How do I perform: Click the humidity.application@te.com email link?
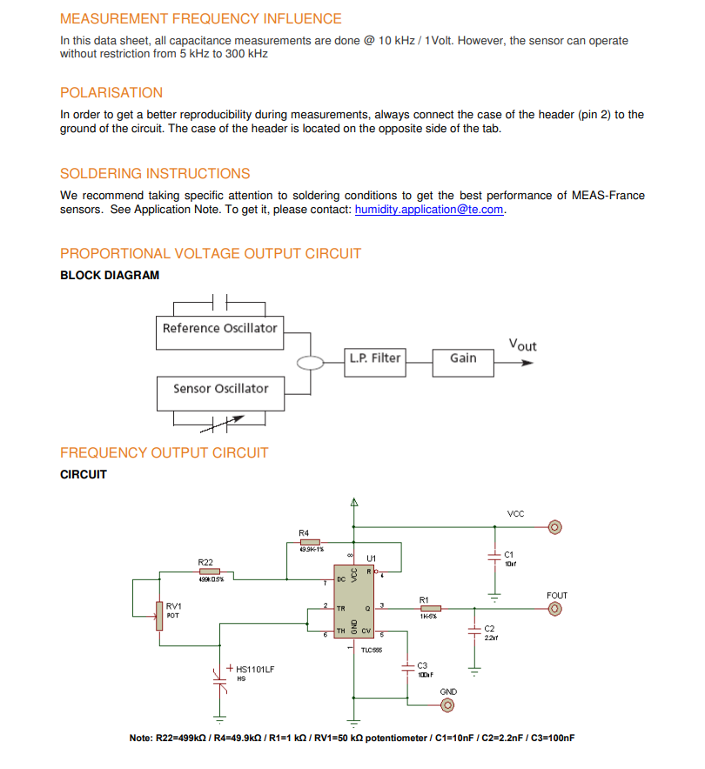(429, 210)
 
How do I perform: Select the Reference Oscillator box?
(219, 329)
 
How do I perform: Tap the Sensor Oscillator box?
(220, 389)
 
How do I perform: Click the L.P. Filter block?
(375, 358)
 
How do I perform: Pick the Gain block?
(463, 358)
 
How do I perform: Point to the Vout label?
(522, 345)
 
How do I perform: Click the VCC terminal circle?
(554, 526)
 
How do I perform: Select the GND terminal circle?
(448, 705)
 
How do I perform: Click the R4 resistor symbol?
(310, 542)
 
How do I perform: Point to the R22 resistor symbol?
(210, 572)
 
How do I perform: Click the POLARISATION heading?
(111, 93)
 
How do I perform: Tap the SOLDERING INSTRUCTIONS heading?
(155, 173)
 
